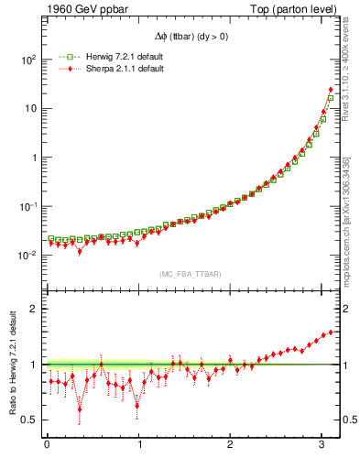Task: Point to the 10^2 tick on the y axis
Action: (x=27, y=60)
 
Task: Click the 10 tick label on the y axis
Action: (x=30, y=108)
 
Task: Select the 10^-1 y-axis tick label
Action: (x=27, y=206)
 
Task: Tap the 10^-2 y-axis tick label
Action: (x=27, y=256)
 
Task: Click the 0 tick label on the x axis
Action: (x=47, y=445)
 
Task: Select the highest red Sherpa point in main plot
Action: (x=331, y=90)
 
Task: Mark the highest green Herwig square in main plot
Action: (x=331, y=98)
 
